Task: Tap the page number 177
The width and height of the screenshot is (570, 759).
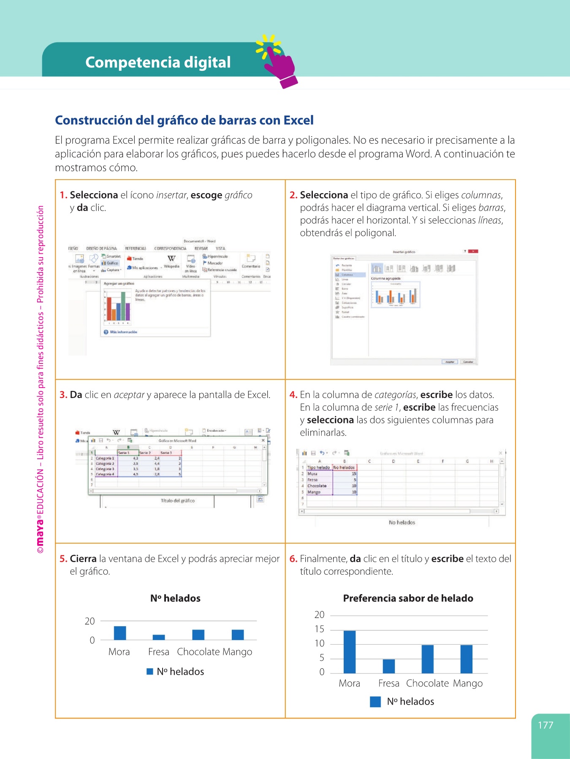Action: point(545,725)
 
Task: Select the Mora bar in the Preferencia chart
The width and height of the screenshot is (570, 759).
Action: point(350,652)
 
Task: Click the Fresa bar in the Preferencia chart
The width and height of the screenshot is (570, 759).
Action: point(388,666)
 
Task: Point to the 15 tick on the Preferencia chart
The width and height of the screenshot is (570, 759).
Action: point(320,629)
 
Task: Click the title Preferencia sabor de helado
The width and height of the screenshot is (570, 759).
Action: point(408,598)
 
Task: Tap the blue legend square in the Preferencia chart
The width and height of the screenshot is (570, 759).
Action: point(375,702)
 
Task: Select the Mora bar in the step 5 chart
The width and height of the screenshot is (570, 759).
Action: point(120,633)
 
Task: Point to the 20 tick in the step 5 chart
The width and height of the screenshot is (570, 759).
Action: point(90,621)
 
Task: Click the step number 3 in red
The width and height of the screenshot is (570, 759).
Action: point(63,395)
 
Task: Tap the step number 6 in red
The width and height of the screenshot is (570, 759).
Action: point(293,559)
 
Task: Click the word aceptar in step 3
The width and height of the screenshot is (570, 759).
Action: point(129,395)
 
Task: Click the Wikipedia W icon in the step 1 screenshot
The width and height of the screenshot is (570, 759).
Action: point(171,258)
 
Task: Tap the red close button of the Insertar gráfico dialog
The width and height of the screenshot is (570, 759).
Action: point(473,251)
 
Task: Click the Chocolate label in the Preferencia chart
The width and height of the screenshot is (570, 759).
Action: point(427,684)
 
